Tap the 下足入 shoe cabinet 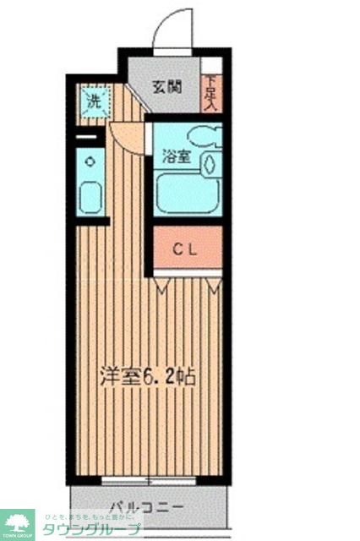[x=211, y=92]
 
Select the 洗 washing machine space [x=94, y=103]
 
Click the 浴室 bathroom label [x=176, y=156]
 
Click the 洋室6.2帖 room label [x=150, y=374]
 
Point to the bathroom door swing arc [x=127, y=136]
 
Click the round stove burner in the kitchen [x=91, y=161]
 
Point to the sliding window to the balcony [x=149, y=482]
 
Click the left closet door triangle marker [x=161, y=288]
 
